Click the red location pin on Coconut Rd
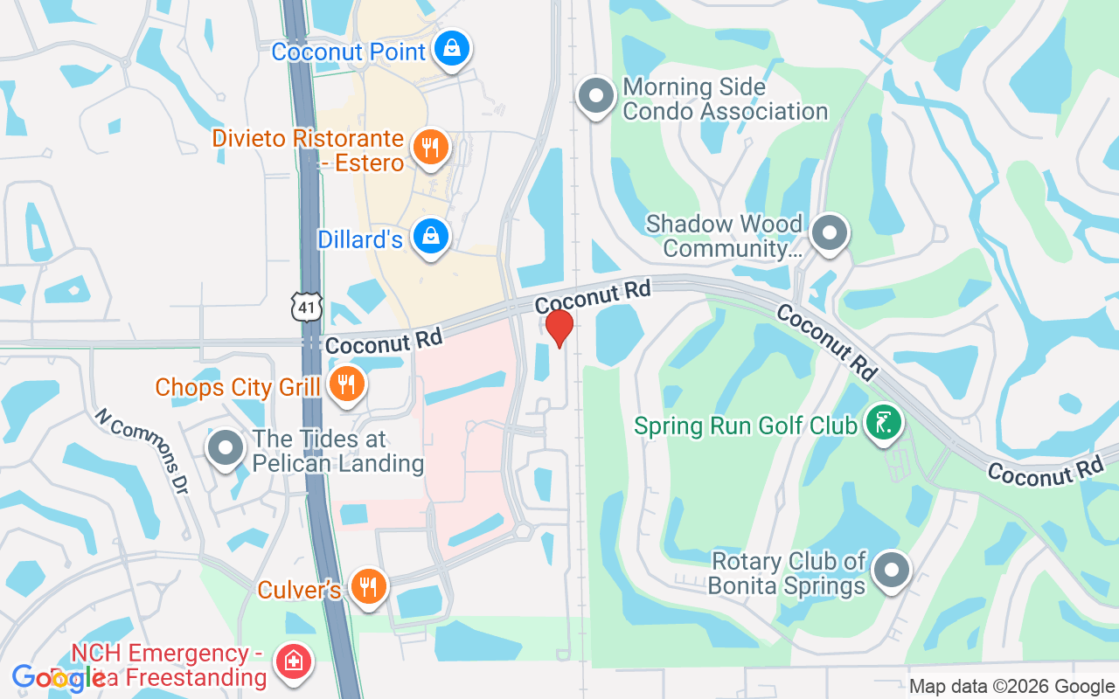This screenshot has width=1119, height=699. point(559,328)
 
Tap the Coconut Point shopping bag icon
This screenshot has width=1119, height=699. point(452,49)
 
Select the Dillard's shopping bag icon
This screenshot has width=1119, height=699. point(430,236)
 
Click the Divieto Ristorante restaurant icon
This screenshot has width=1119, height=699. point(429,147)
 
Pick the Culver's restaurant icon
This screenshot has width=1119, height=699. point(368,586)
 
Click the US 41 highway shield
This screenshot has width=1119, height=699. point(308,307)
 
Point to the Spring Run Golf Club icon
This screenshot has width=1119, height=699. point(883,423)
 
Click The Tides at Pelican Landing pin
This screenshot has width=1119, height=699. point(226,447)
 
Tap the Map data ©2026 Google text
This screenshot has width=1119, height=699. point(1011,687)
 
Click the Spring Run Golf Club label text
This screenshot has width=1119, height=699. point(746,426)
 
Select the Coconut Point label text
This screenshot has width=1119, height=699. point(348,52)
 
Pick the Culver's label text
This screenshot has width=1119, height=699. point(299,590)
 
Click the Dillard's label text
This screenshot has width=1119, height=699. point(360,239)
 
